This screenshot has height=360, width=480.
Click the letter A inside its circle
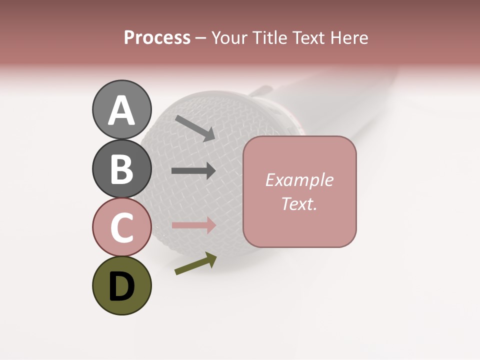(121, 110)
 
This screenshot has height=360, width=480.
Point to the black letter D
(121, 287)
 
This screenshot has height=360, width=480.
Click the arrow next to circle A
(195, 128)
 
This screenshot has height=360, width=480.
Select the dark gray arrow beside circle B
(193, 171)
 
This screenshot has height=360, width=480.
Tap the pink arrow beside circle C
(193, 225)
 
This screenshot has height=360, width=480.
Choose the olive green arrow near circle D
(195, 264)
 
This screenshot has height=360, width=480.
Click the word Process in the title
(157, 38)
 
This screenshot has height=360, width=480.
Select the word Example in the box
(299, 180)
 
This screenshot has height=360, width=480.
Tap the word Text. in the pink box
(299, 203)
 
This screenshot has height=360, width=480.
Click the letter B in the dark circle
(121, 169)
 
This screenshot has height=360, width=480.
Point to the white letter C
(121, 227)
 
